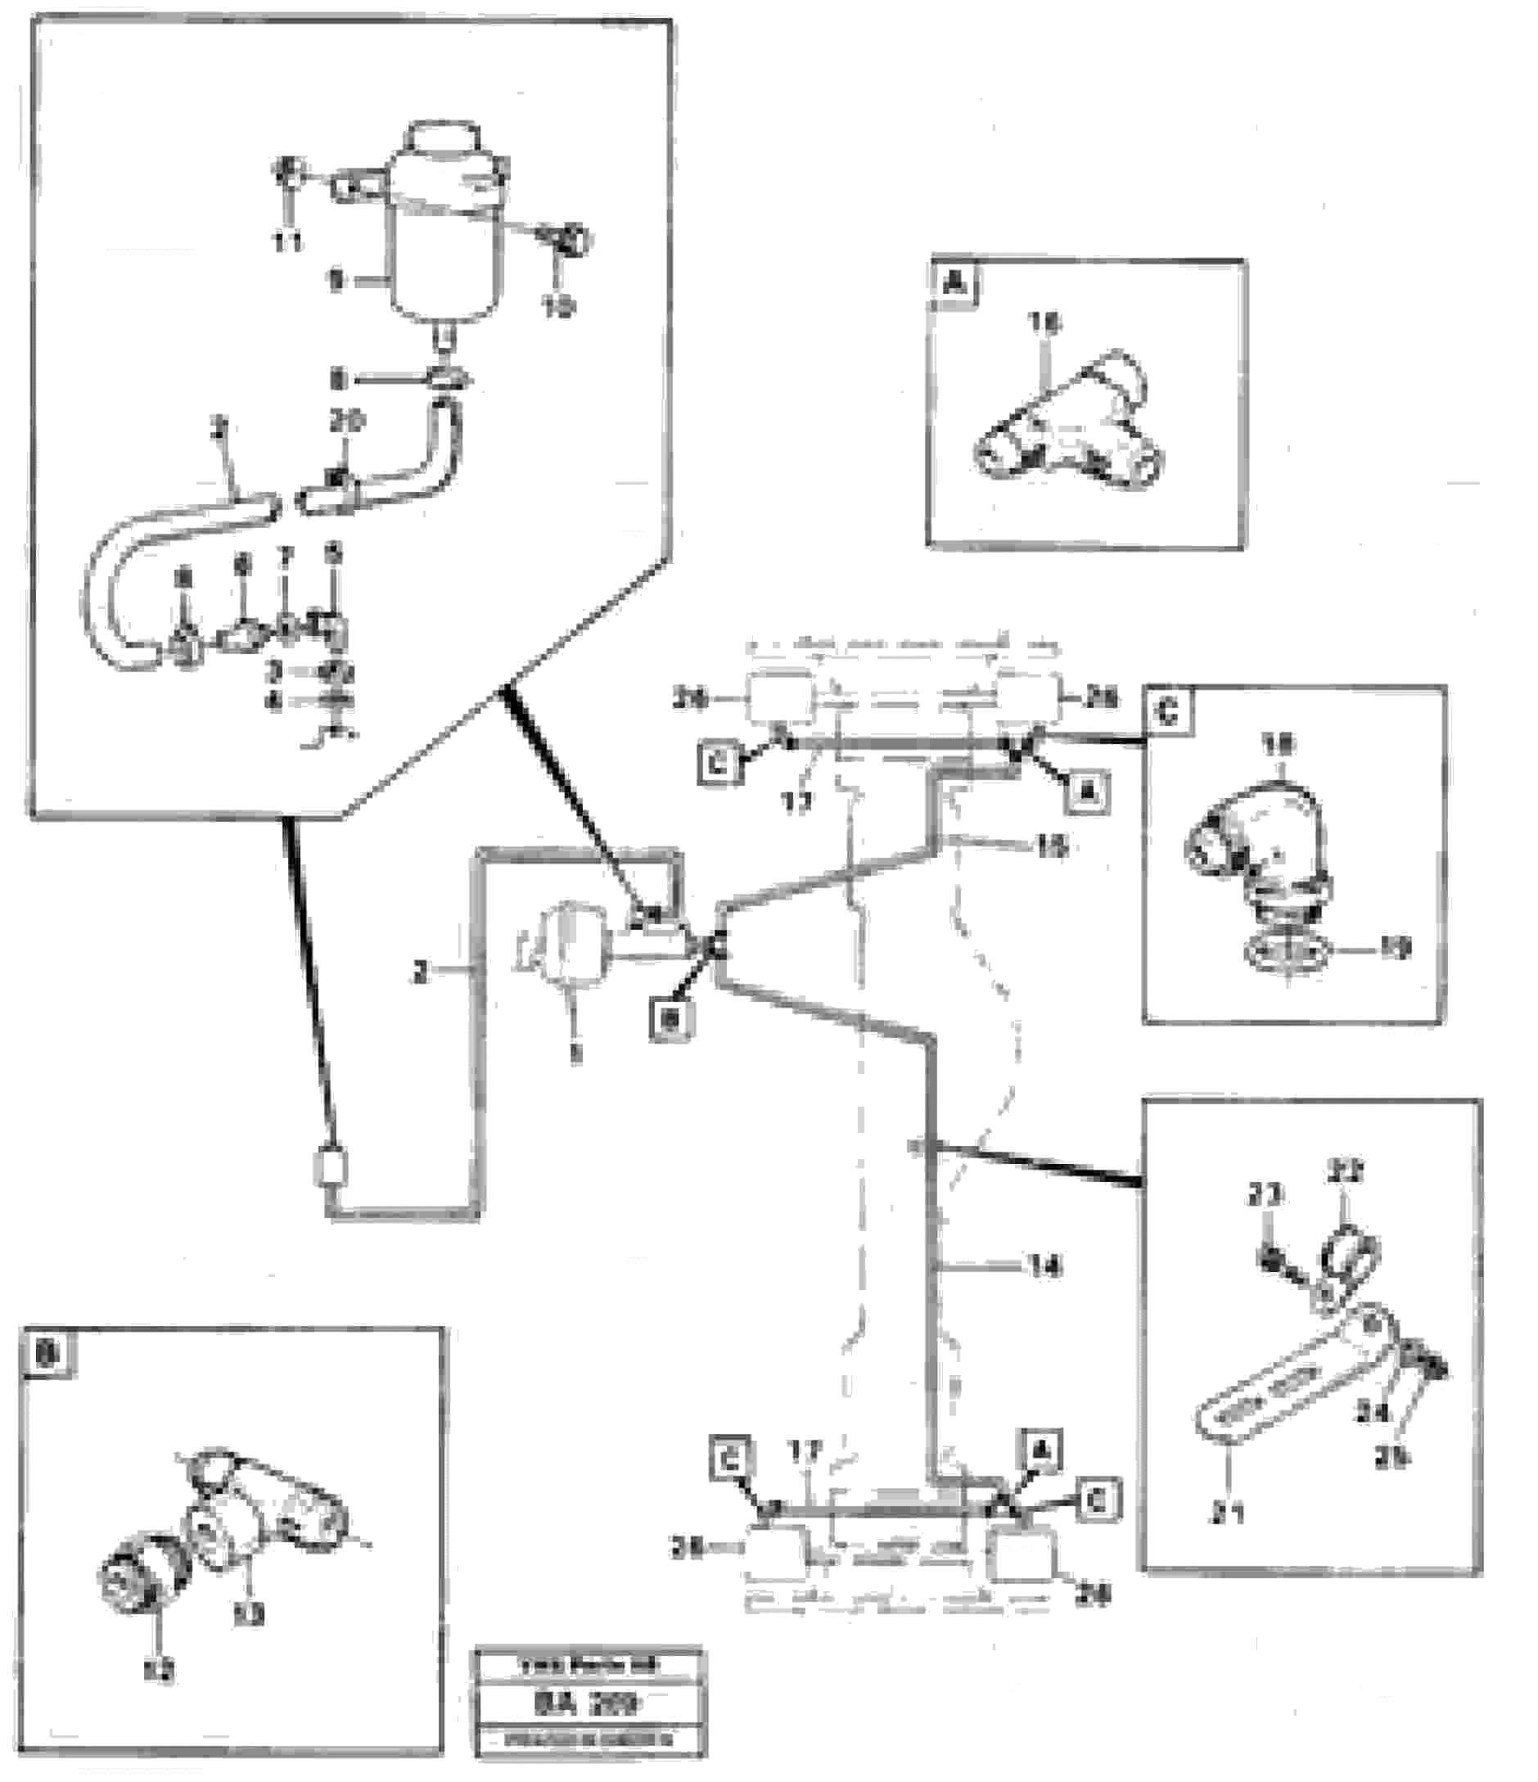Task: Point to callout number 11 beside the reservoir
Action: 288,243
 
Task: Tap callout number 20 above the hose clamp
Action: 347,422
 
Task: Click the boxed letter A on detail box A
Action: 954,282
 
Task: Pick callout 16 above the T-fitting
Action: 1046,323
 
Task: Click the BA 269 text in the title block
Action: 589,1703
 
